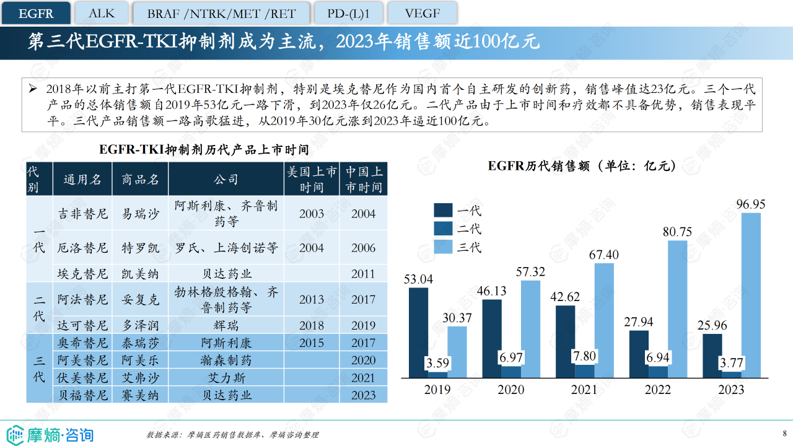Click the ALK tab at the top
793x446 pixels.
click(x=102, y=13)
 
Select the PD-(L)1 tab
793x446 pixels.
click(x=348, y=13)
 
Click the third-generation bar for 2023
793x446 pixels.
click(x=750, y=295)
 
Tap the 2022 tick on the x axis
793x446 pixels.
click(x=657, y=390)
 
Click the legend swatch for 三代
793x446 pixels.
click(x=443, y=247)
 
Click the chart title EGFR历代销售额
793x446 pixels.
click(x=581, y=166)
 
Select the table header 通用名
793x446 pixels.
click(x=82, y=180)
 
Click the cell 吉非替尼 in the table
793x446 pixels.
click(x=82, y=214)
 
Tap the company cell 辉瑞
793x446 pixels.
click(x=226, y=325)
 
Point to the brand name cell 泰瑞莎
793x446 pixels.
click(x=141, y=343)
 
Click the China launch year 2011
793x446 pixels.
click(x=363, y=274)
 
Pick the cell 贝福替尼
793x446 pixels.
click(x=82, y=395)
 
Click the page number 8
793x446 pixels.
click(x=784, y=433)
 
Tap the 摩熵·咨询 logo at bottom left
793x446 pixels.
click(x=50, y=434)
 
